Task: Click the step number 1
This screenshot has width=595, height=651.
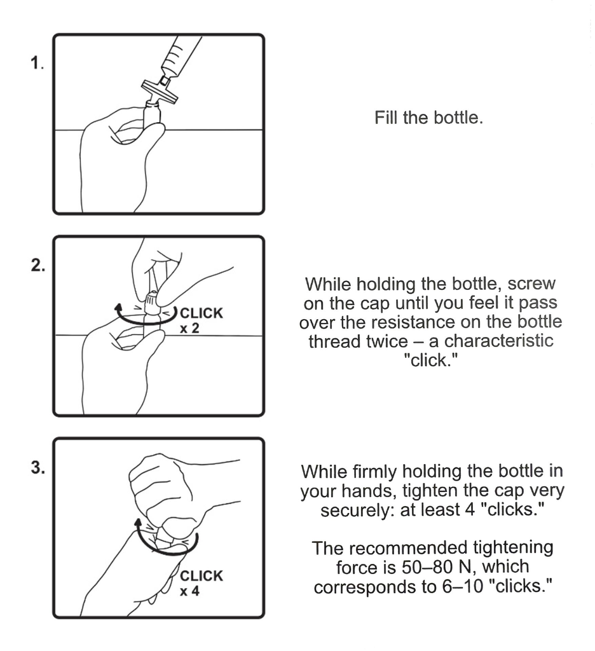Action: [36, 64]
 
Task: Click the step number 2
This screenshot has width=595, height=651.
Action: [38, 265]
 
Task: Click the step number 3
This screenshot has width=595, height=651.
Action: [38, 467]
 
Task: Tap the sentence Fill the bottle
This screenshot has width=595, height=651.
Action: [428, 118]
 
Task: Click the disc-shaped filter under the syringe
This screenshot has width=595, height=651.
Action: [159, 90]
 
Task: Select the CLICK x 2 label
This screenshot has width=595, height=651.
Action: [201, 320]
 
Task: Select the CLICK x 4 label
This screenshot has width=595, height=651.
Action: [201, 583]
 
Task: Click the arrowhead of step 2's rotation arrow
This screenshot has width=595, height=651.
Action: [119, 308]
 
